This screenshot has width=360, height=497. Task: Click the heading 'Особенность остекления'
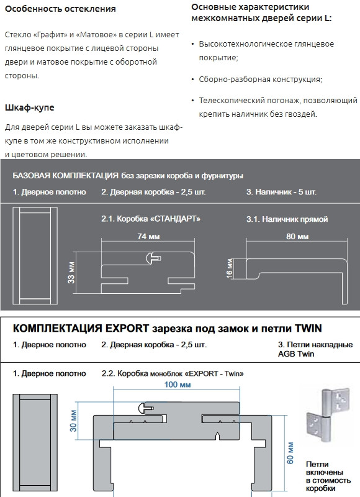pos(60,9)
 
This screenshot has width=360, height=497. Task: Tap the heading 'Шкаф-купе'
pos(29,107)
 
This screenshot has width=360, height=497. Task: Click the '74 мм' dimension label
pos(148,236)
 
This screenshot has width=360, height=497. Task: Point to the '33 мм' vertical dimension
pos(71,272)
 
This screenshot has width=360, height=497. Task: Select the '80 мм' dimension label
pos(297,237)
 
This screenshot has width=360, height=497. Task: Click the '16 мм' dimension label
pos(230,268)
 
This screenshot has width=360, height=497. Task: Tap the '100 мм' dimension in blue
pos(178,385)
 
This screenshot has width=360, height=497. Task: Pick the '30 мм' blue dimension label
pos(73,421)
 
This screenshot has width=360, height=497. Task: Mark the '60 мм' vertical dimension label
pos(290,454)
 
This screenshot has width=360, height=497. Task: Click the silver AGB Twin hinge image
pos(327,414)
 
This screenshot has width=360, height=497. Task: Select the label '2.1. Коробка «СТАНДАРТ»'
pos(151,219)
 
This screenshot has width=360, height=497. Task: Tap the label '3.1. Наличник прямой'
pos(287,219)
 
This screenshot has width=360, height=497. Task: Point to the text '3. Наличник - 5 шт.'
pos(281,192)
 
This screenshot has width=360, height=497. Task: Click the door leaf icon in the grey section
pos(35,256)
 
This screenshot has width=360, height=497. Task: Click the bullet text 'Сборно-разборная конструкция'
pos(260,80)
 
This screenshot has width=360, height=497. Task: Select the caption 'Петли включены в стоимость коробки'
pos(328,476)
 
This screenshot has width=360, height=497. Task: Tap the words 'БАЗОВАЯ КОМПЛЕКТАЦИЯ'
pos(66,176)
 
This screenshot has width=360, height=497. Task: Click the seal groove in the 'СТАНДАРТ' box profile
pos(153,258)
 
